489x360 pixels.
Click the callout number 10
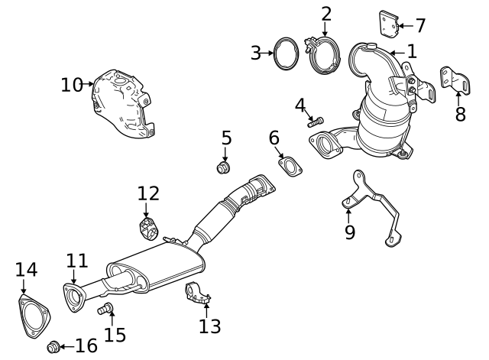[x=71, y=84]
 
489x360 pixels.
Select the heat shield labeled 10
[x=122, y=107]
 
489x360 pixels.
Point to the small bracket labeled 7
[x=389, y=23]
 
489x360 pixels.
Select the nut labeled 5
[x=225, y=167]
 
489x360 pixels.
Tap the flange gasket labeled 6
[x=290, y=167]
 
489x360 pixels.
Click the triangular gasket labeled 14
[x=33, y=315]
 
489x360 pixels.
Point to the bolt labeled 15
[x=106, y=309]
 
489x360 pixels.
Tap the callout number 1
[x=412, y=52]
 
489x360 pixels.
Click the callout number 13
[x=210, y=326]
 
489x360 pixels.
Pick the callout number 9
[x=350, y=232]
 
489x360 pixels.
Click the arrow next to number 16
[x=67, y=347]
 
